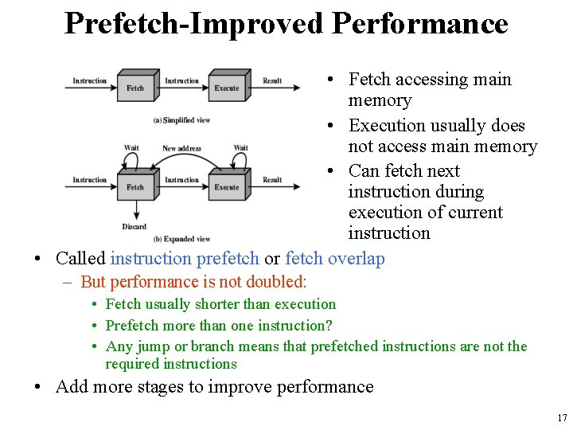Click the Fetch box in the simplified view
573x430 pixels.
(135, 86)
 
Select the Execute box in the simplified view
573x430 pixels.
(227, 86)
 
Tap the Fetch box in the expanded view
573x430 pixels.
(135, 185)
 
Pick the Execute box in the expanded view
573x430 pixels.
(227, 185)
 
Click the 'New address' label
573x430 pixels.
(181, 148)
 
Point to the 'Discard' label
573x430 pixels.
(134, 227)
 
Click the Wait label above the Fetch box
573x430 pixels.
(131, 148)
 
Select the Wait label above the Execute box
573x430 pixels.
(240, 148)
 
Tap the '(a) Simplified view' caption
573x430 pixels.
(181, 120)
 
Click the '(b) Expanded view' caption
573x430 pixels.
(181, 239)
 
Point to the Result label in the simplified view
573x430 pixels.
(272, 81)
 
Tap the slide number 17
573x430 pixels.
(562, 418)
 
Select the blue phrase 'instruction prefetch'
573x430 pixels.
(185, 259)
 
